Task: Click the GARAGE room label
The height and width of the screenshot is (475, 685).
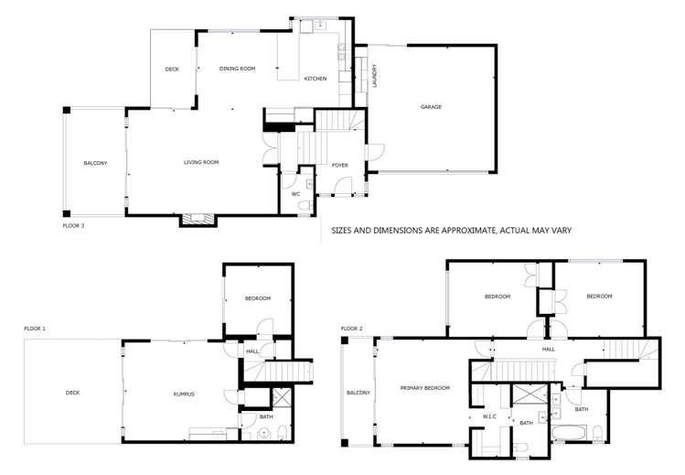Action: [431, 107]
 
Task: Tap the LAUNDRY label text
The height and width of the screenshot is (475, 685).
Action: [375, 76]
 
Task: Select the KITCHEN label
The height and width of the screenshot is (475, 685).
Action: [315, 79]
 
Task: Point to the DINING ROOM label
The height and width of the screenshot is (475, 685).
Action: [237, 69]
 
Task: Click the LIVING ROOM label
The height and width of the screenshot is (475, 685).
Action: [201, 162]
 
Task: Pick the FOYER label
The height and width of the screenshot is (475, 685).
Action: [339, 165]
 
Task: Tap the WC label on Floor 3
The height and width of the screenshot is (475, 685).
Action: [295, 194]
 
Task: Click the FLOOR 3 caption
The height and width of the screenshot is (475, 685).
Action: [73, 224]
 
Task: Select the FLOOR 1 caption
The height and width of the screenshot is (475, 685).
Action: [35, 327]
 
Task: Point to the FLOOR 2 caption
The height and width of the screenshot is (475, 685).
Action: [352, 328]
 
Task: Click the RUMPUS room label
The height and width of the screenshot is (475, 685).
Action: [185, 394]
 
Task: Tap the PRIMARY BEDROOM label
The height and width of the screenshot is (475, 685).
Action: [425, 388]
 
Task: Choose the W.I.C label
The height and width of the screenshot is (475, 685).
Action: [489, 416]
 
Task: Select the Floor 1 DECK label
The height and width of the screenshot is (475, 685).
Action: [73, 393]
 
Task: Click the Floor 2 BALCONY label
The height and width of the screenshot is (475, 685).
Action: [358, 393]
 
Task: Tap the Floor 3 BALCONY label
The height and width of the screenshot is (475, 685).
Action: [95, 163]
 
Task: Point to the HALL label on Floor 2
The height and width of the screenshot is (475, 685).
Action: [548, 349]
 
